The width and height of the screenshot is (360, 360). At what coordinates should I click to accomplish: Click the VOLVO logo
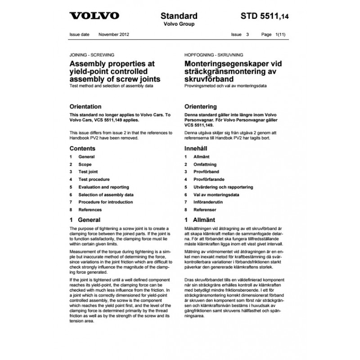tap(94, 16)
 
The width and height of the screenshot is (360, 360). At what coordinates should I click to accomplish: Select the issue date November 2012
tap(114, 34)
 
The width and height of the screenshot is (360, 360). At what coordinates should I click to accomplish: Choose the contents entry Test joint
tap(88, 172)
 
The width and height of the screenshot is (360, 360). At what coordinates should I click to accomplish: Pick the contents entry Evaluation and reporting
tap(103, 187)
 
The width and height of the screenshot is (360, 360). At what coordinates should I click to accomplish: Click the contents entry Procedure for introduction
tap(106, 202)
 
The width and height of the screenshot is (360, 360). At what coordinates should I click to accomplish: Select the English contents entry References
tap(90, 210)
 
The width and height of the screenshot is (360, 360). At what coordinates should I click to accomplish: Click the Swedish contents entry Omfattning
tap(207, 164)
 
